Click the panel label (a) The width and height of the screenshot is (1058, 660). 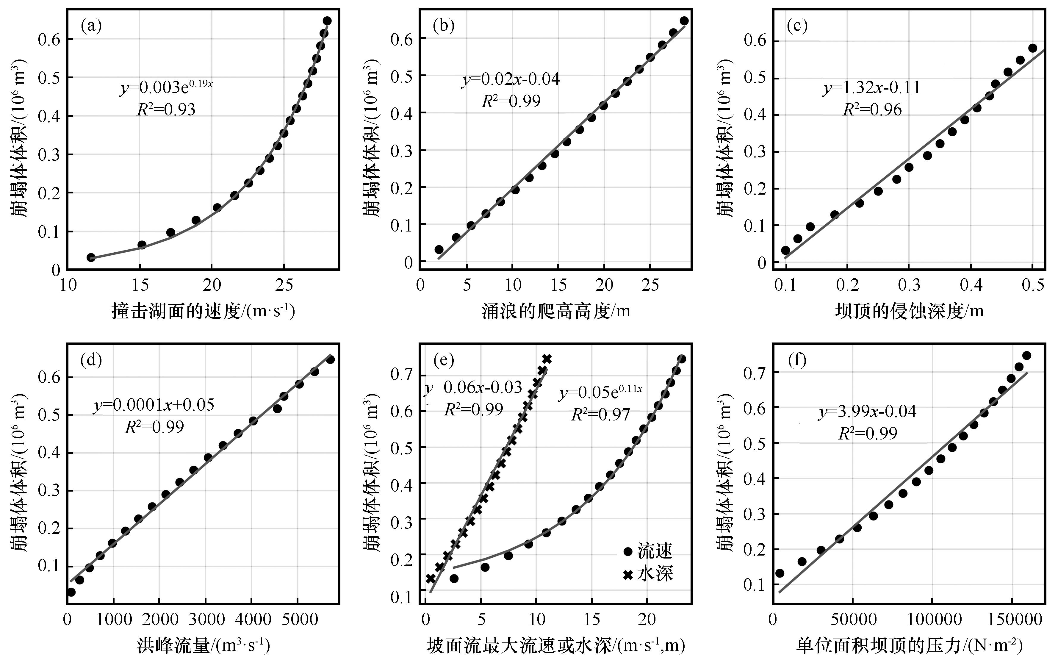tap(91, 26)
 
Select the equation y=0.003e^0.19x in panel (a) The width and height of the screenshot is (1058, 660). tap(166, 87)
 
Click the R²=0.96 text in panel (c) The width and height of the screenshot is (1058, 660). tap(872, 110)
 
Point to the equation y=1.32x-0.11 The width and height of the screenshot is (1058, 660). tap(872, 88)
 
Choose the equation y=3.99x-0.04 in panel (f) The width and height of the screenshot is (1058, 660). tap(867, 412)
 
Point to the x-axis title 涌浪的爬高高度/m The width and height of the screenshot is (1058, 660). tap(555, 311)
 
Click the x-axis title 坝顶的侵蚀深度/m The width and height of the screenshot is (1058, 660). tap(910, 311)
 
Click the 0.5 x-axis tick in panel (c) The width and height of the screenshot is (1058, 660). tap(1033, 285)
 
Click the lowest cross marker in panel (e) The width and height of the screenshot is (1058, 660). tap(431, 578)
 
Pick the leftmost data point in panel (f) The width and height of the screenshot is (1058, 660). tap(780, 573)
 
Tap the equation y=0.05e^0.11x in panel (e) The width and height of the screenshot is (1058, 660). tap(601, 393)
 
